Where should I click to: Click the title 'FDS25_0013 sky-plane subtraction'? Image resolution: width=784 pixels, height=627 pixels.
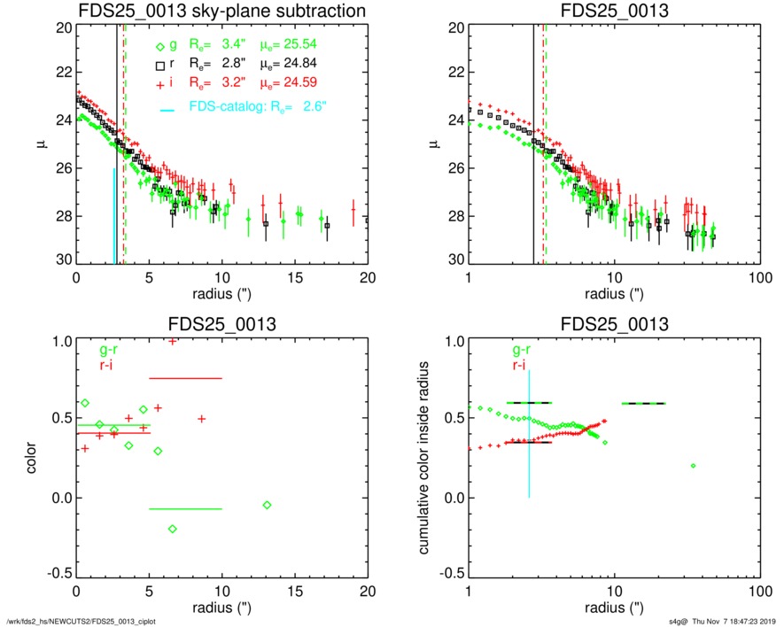tap(222, 11)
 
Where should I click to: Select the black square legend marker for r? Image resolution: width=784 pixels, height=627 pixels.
tap(159, 64)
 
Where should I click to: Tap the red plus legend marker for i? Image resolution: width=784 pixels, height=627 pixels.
tap(159, 83)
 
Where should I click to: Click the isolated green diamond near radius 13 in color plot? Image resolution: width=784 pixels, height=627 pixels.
tap(267, 505)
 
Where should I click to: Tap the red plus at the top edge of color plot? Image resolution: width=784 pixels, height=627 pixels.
tap(172, 341)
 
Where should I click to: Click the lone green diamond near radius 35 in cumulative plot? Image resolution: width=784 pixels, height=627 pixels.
tap(694, 465)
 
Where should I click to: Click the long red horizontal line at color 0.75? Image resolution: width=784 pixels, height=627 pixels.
tap(185, 378)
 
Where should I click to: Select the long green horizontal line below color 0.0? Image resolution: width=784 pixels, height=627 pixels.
tap(185, 509)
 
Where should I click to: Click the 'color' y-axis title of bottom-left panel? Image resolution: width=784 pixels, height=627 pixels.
tap(33, 461)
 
